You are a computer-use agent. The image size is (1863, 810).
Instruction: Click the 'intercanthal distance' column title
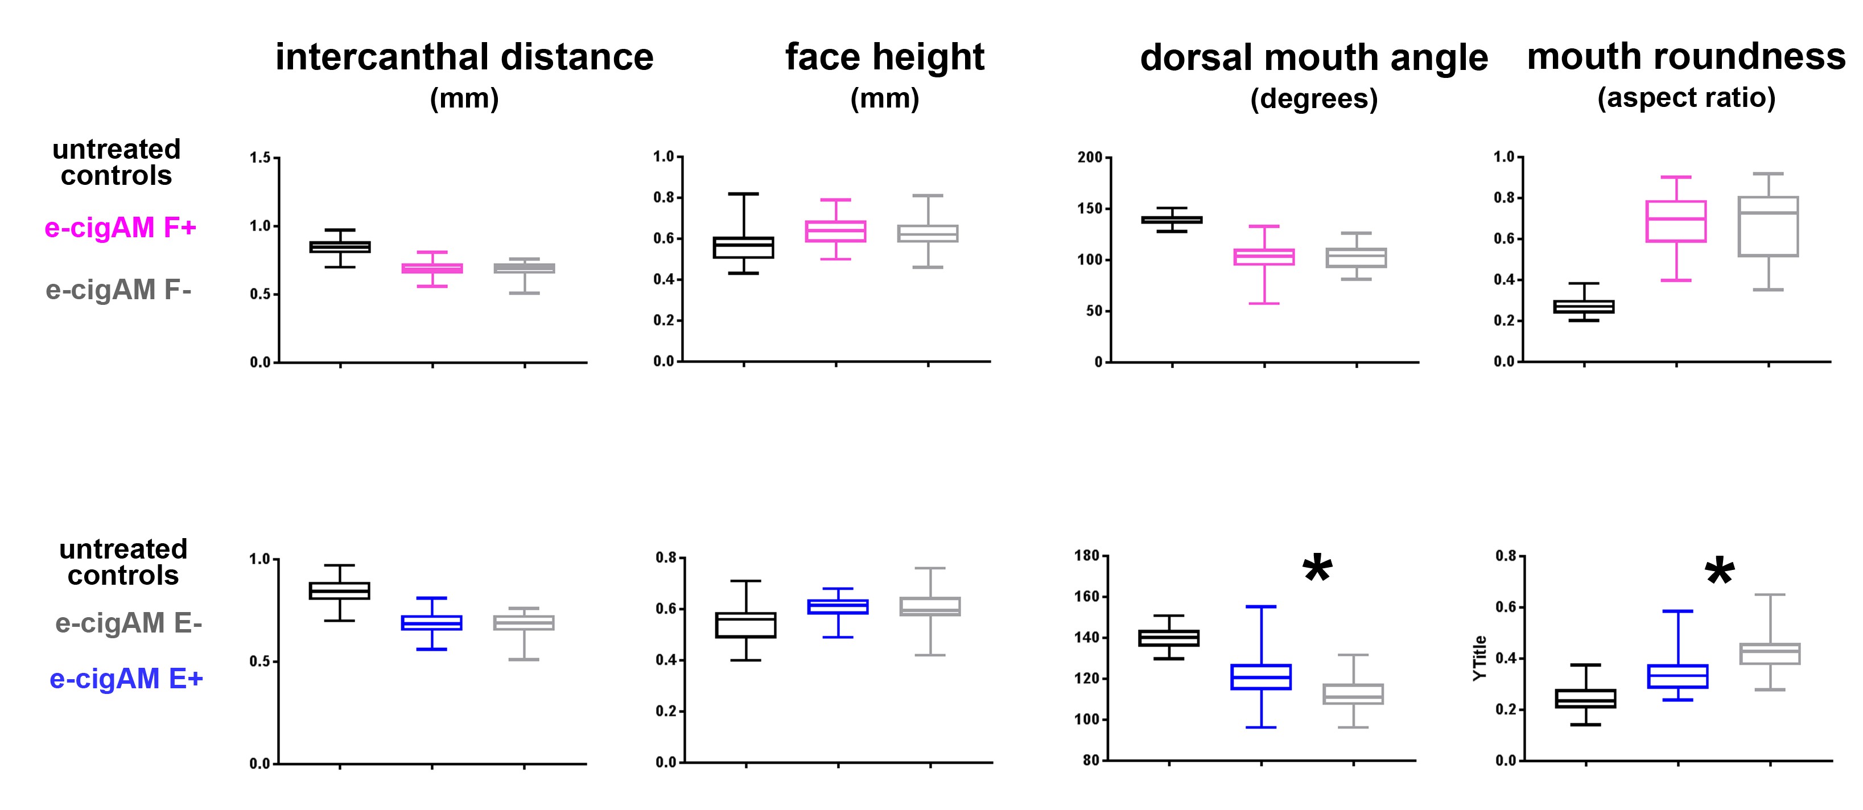click(464, 57)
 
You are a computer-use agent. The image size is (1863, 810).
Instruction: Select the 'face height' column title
click(884, 57)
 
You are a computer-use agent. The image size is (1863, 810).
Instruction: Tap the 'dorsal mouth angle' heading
click(1313, 58)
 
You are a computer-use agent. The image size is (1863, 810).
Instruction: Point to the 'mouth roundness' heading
click(1686, 56)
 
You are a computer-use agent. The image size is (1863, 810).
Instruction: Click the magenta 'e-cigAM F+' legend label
click(120, 228)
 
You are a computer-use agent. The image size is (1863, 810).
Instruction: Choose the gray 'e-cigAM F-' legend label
click(118, 290)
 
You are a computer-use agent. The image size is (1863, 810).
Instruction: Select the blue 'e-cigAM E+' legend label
click(126, 679)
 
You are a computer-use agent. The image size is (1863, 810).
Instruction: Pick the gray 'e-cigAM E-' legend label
click(129, 623)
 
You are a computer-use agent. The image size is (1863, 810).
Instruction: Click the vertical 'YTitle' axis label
click(1479, 658)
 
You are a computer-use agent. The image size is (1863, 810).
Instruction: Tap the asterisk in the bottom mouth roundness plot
click(1719, 572)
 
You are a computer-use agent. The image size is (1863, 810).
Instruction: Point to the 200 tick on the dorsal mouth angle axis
click(1089, 157)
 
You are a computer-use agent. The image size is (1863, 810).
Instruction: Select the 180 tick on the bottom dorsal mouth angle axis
click(1087, 556)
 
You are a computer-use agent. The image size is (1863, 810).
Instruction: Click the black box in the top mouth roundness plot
click(1584, 307)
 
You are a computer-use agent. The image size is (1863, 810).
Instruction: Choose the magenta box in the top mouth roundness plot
click(1676, 221)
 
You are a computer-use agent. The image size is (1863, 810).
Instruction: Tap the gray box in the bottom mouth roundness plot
click(1769, 654)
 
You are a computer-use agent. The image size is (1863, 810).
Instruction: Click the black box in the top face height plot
click(744, 247)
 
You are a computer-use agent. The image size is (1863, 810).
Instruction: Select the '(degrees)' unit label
click(1313, 98)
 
